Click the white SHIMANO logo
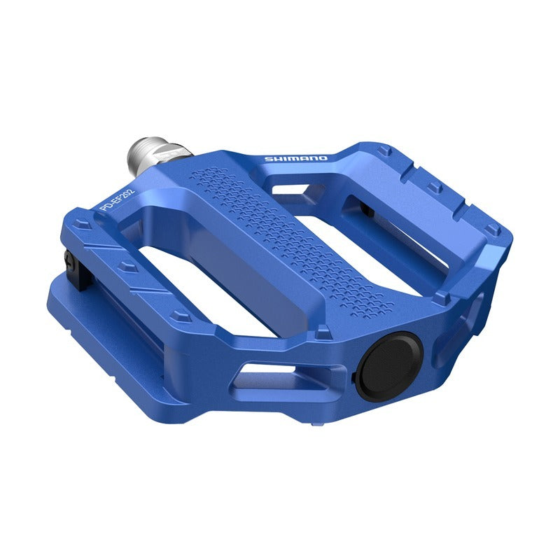(x=295, y=159)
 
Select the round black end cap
(x=391, y=366)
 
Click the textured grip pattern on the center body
(x=290, y=238)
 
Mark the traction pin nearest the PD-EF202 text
(x=83, y=225)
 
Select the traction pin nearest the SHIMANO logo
(x=383, y=150)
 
